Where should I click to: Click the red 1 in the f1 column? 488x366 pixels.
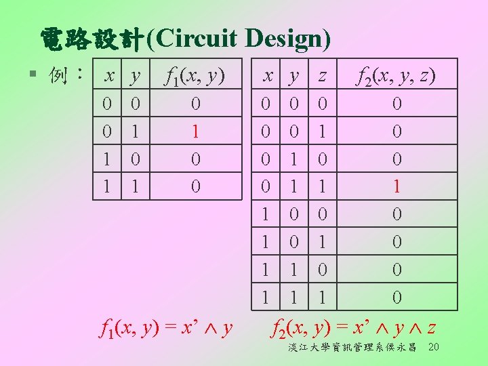[195, 131]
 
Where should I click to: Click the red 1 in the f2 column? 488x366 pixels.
[397, 186]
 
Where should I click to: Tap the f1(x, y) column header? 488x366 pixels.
[195, 76]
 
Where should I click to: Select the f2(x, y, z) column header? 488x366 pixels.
[396, 76]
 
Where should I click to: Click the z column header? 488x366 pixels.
[323, 76]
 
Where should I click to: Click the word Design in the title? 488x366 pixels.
[289, 39]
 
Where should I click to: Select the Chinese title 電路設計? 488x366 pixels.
[91, 39]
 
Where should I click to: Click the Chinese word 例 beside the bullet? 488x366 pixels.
[60, 75]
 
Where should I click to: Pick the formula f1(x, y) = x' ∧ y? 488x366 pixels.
[166, 330]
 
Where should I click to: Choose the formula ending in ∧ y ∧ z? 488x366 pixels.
[352, 330]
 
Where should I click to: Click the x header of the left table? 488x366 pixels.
[108, 76]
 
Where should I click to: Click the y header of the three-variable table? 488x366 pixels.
[294, 76]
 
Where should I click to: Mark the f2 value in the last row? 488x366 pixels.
[397, 297]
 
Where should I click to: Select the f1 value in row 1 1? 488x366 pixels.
[195, 186]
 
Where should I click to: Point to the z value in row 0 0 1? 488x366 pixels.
[323, 131]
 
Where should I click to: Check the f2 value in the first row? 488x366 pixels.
[397, 104]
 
